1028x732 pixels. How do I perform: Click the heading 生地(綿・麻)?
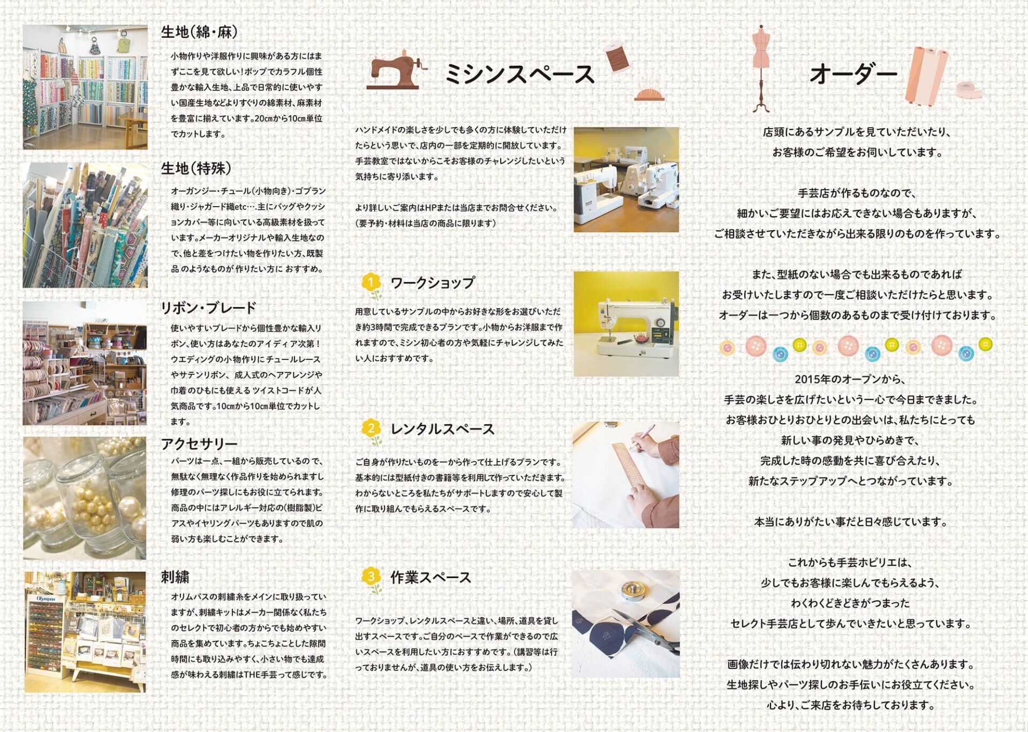199,33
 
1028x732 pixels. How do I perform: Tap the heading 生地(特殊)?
196,169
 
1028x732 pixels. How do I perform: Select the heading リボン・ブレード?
209,308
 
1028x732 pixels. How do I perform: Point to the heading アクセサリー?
199,444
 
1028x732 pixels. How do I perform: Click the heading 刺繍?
175,577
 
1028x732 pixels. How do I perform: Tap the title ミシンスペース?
519,74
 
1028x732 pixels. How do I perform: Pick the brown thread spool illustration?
618,57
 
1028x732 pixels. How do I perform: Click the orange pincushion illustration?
649,93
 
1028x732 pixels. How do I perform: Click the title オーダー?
853,74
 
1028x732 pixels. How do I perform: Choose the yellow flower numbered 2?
371,429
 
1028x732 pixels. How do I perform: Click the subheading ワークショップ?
433,283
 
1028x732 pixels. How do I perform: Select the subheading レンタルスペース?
442,429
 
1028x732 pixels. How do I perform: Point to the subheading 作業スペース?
430,577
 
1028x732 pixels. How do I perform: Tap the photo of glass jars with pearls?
85,499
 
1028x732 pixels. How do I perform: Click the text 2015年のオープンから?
850,379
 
